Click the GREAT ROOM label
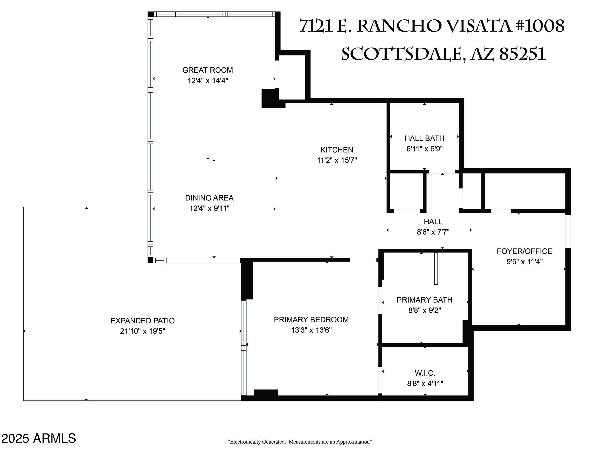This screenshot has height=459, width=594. (x=208, y=70)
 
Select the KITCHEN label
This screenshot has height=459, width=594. (x=337, y=150)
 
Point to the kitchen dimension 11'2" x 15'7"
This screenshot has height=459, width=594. (x=337, y=160)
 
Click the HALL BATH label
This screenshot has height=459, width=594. (x=424, y=138)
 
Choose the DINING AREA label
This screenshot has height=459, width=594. (x=209, y=198)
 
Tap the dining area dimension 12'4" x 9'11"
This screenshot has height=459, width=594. (x=209, y=209)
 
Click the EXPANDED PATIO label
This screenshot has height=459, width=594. (x=143, y=321)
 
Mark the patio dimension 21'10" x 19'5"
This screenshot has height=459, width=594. (x=143, y=331)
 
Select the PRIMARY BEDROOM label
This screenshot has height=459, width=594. (x=311, y=320)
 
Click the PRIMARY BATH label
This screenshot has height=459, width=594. (x=424, y=300)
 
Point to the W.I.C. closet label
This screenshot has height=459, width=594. (x=425, y=373)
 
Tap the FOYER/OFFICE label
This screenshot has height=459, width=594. (x=524, y=251)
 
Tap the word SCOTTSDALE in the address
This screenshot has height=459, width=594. (x=401, y=54)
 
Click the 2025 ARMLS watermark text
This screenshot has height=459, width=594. (x=38, y=438)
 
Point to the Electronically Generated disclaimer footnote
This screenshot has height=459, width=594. (x=299, y=442)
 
